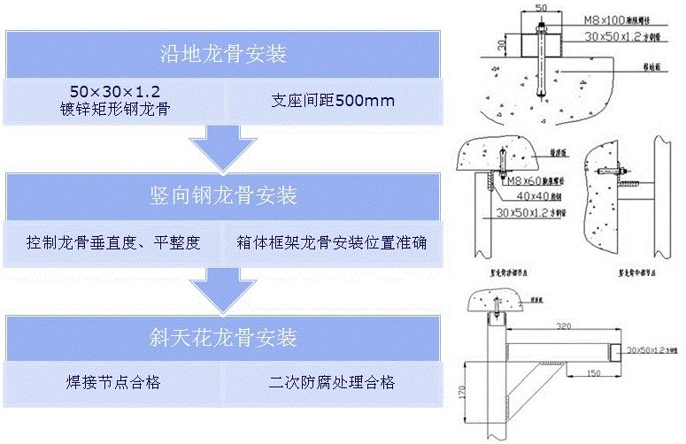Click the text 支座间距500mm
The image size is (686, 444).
click(332, 100)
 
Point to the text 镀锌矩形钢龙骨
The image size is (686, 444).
click(119, 110)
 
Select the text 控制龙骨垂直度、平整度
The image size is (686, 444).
click(113, 241)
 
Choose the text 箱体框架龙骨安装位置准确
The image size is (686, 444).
click(332, 241)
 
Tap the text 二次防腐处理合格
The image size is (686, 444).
click(332, 382)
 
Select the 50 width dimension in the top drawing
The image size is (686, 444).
click(539, 8)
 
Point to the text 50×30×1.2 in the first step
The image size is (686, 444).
click(119, 91)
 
